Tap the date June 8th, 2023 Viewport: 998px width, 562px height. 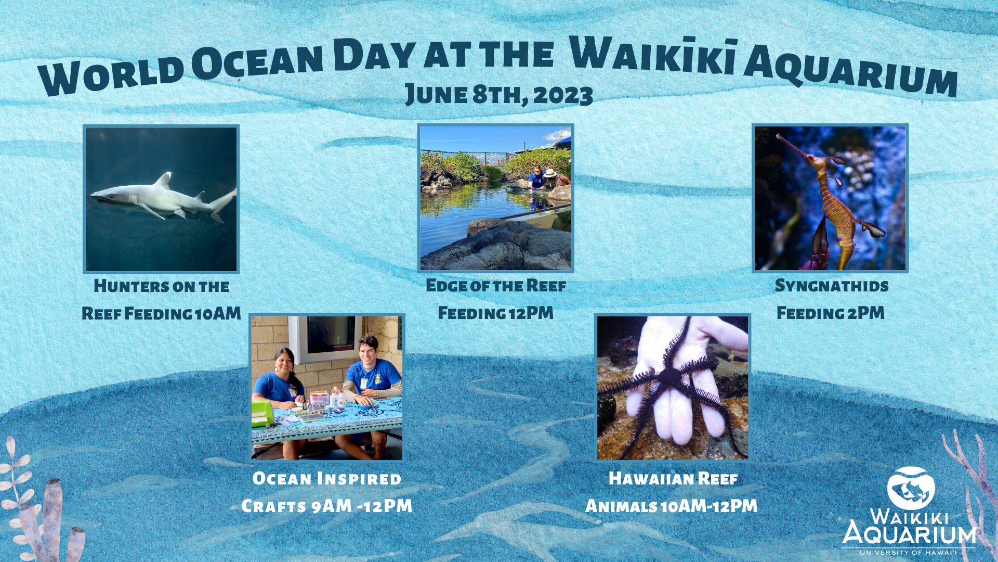click(x=499, y=95)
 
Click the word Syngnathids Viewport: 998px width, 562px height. click(x=832, y=286)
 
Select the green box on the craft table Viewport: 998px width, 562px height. click(x=262, y=414)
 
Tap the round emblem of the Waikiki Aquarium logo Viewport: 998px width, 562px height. click(x=911, y=488)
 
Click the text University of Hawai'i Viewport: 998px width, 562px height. click(x=909, y=553)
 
